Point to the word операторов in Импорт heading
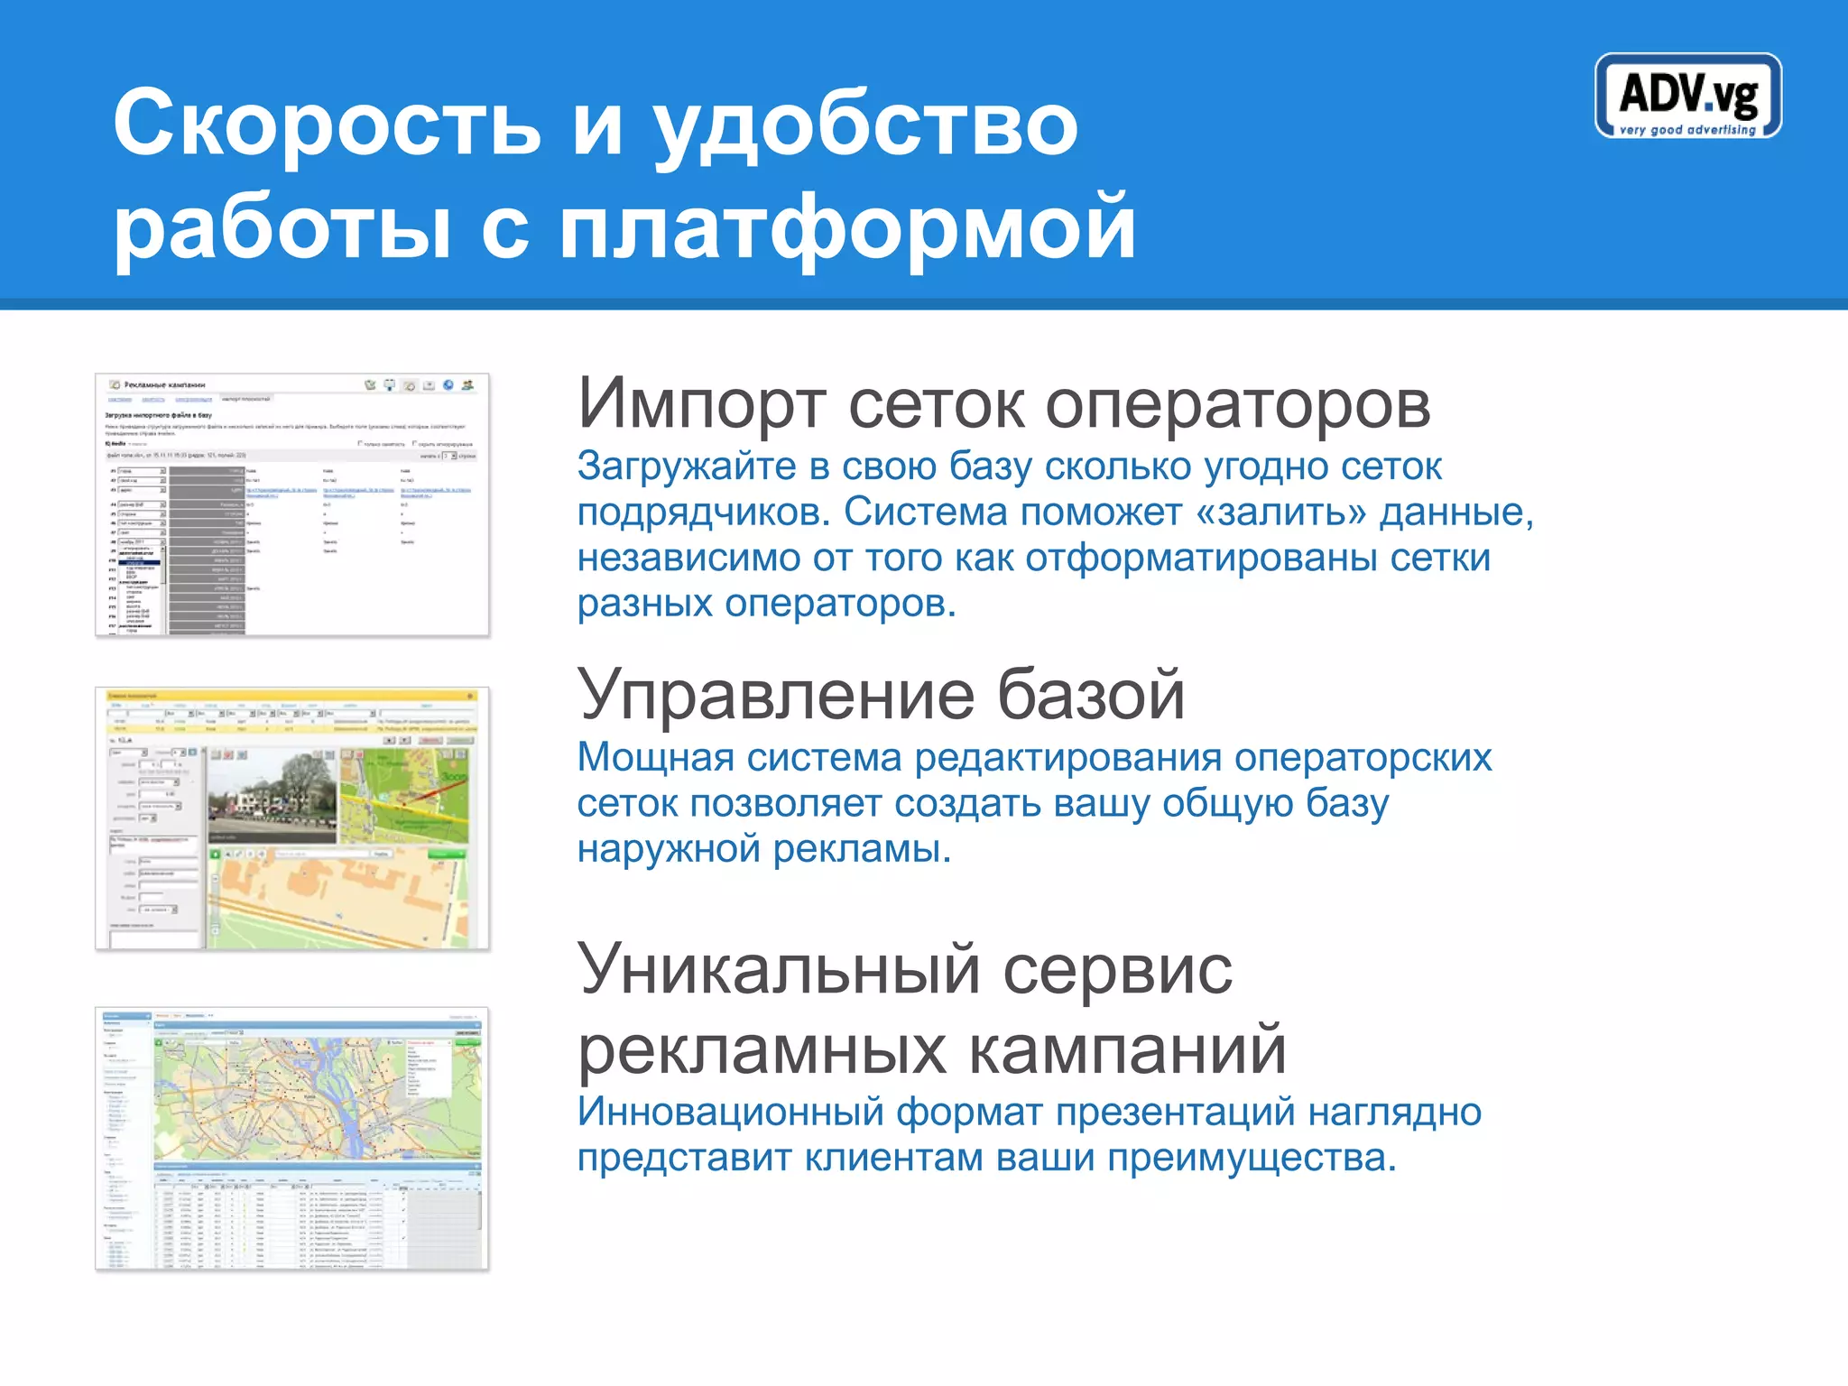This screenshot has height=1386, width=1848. (1237, 403)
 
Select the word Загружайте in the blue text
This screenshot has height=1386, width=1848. (686, 467)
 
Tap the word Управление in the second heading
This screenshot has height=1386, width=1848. (776, 695)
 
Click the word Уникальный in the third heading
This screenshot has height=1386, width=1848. (778, 969)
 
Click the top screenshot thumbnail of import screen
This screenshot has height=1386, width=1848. (291, 504)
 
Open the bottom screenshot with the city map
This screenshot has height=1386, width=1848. (291, 1139)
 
